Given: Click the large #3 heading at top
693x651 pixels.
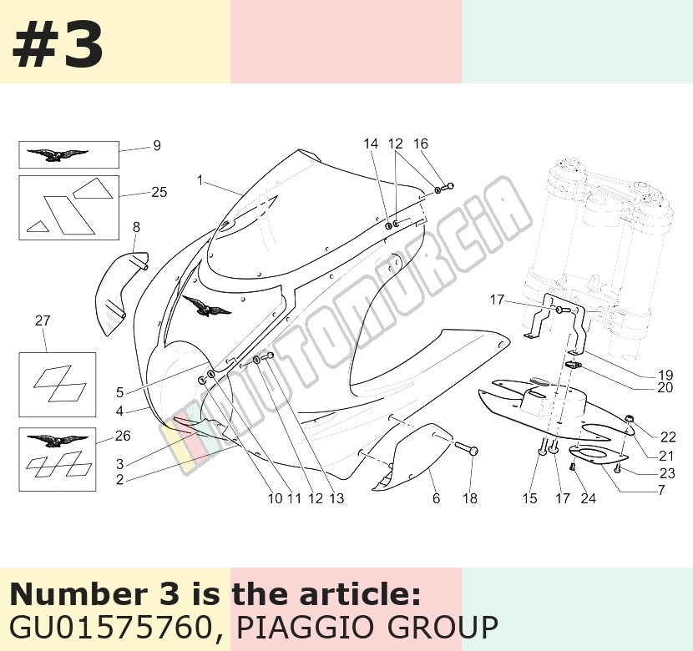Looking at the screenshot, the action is click(x=58, y=45).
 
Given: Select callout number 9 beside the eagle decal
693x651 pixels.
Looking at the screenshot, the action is click(x=156, y=146).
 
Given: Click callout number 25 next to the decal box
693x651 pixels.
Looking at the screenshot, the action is click(x=159, y=192).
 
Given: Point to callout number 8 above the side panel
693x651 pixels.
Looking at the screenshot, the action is click(x=136, y=227).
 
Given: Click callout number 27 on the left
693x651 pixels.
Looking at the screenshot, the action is click(x=43, y=320).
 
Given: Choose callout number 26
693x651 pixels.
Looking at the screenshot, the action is click(x=123, y=436).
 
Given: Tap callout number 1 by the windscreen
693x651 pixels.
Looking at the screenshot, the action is click(x=200, y=180).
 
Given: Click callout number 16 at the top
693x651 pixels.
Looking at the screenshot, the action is click(x=421, y=144).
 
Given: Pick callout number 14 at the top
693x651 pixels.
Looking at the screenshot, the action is click(x=371, y=144).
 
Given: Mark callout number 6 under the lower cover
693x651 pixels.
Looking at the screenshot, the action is click(x=436, y=498).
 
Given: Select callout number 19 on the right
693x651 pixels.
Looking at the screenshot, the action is click(x=665, y=375).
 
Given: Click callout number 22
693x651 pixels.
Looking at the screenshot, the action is click(x=668, y=437).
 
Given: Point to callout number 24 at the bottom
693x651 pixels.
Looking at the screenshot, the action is click(x=588, y=498).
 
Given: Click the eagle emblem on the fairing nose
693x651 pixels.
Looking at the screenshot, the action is click(x=206, y=305).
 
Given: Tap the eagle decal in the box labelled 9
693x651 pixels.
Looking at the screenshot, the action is click(x=57, y=155).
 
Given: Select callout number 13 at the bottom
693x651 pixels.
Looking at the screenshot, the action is click(x=336, y=498).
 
